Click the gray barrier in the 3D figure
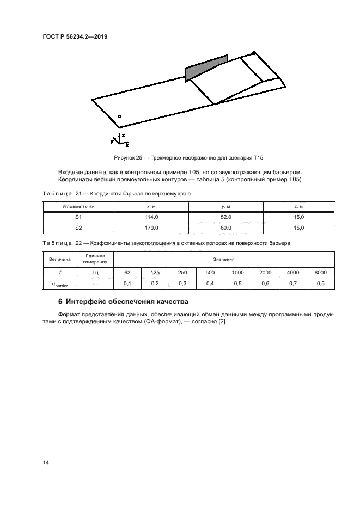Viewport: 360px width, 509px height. pos(206,68)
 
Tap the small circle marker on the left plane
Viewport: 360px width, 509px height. pos(119,116)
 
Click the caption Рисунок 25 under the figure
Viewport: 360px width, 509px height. pos(188,158)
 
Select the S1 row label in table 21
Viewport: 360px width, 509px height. pos(78,217)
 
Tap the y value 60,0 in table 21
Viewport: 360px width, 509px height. pos(225,228)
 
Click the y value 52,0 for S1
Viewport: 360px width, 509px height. pos(225,217)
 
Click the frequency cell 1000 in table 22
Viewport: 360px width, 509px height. pos(237,272)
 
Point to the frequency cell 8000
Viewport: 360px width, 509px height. pos(321,272)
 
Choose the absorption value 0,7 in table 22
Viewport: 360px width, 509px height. pos(293,284)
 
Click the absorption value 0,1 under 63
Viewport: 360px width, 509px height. pos(127,284)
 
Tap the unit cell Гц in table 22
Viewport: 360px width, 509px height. pos(95,272)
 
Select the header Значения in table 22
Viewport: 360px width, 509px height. pos(224,260)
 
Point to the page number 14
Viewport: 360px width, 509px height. pos(46,463)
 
